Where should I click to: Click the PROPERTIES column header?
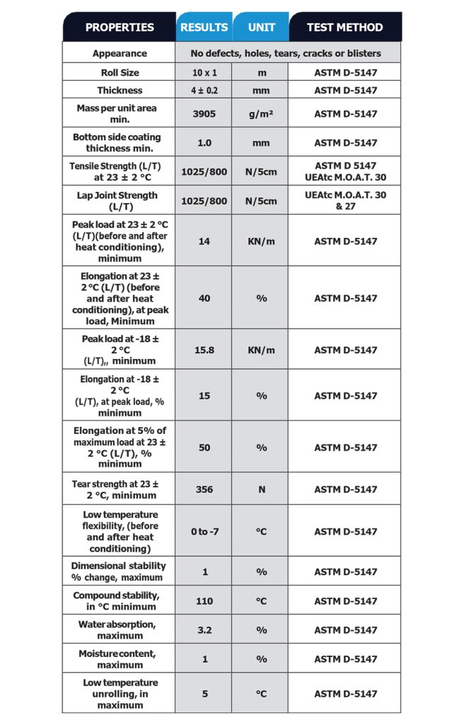point(120,28)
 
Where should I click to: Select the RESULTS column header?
point(204,28)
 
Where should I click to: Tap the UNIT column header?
point(261,28)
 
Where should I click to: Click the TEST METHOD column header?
point(344,28)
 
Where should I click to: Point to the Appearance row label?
point(120,53)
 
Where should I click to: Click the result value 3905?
point(204,113)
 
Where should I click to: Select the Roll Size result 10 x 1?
point(204,72)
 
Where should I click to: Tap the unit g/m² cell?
point(261,113)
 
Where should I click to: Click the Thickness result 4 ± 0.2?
point(204,90)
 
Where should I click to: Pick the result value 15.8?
point(204,350)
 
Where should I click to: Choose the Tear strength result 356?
point(204,489)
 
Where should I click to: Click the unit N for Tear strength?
point(261,489)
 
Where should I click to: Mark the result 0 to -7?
point(204,532)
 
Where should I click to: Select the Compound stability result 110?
point(204,601)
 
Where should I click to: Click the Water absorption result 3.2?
point(204,630)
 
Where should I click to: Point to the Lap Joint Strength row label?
point(120,200)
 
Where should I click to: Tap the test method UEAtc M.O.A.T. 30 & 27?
point(345,200)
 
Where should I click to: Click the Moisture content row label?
point(120,658)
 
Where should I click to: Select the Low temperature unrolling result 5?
point(204,694)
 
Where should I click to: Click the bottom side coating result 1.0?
point(204,142)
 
